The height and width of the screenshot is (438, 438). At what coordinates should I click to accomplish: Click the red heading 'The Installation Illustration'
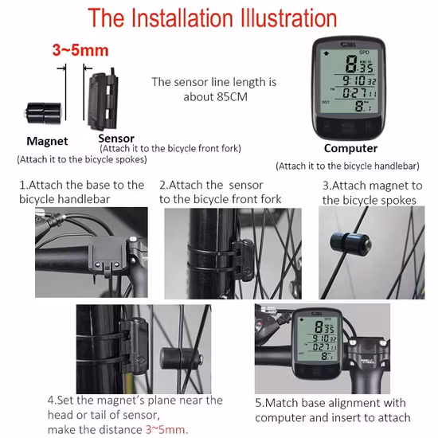pyautogui.click(x=213, y=18)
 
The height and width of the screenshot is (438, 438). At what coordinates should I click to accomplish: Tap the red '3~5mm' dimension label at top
pyautogui.click(x=80, y=50)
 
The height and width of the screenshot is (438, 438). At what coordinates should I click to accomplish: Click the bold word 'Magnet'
pyautogui.click(x=47, y=141)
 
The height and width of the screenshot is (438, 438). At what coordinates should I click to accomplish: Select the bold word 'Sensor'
pyautogui.click(x=116, y=139)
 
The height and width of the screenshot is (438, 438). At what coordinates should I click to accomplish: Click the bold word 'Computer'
pyautogui.click(x=351, y=148)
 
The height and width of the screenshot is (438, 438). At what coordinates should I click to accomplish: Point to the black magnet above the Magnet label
pyautogui.click(x=43, y=113)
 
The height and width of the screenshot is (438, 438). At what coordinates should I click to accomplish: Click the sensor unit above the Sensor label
pyautogui.click(x=103, y=100)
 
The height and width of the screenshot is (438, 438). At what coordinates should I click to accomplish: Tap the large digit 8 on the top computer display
pyautogui.click(x=351, y=64)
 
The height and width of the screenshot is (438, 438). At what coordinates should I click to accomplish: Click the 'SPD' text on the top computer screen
pyautogui.click(x=364, y=53)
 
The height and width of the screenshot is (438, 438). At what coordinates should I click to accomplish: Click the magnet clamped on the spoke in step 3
pyautogui.click(x=351, y=242)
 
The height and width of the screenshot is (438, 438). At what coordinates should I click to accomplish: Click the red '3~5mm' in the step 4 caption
pyautogui.click(x=165, y=429)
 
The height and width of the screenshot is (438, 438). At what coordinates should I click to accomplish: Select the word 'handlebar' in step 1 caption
pyautogui.click(x=84, y=199)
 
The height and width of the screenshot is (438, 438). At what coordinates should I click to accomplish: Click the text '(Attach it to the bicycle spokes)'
pyautogui.click(x=82, y=159)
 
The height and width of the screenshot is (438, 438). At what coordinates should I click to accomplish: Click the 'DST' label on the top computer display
pyautogui.click(x=326, y=102)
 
